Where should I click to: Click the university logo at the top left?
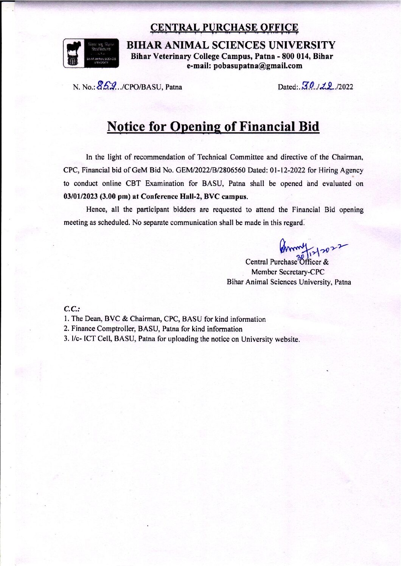click(91, 54)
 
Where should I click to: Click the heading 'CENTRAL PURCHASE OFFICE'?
click(224, 28)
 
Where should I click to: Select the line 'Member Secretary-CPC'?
click(288, 272)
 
